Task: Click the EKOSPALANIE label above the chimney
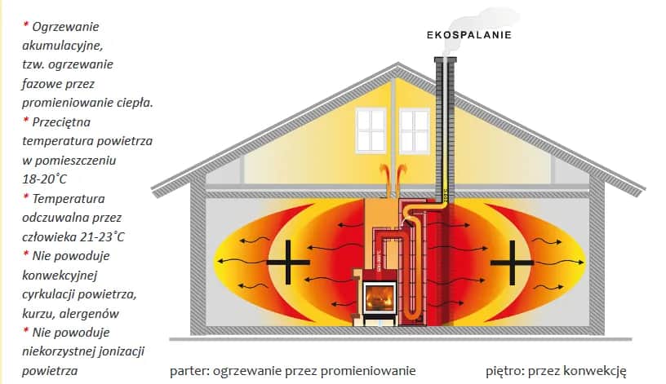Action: tap(469, 35)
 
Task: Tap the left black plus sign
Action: tap(288, 263)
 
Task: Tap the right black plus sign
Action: tap(511, 263)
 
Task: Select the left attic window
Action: tap(370, 130)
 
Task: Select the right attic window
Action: tap(414, 130)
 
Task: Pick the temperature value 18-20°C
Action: tap(45, 179)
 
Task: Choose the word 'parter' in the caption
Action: tap(188, 371)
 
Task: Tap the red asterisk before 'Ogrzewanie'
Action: tap(25, 25)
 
